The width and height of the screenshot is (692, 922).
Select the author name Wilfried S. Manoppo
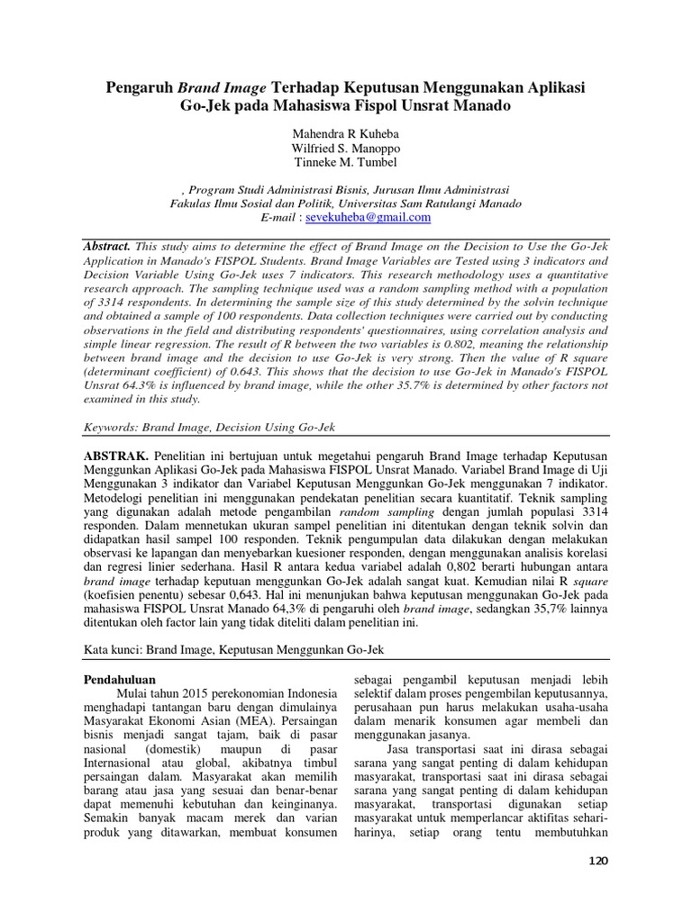pyautogui.click(x=345, y=149)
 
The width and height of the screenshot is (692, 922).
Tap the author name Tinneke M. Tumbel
pyautogui.click(x=345, y=163)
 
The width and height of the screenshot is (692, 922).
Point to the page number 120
pyautogui.click(x=597, y=862)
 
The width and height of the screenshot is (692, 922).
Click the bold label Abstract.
pyautogui.click(x=107, y=246)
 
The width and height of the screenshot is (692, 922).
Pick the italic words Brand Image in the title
pyautogui.click(x=222, y=87)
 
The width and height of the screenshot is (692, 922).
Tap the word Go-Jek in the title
pyautogui.click(x=203, y=105)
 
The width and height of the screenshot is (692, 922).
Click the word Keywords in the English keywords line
pyautogui.click(x=112, y=428)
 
